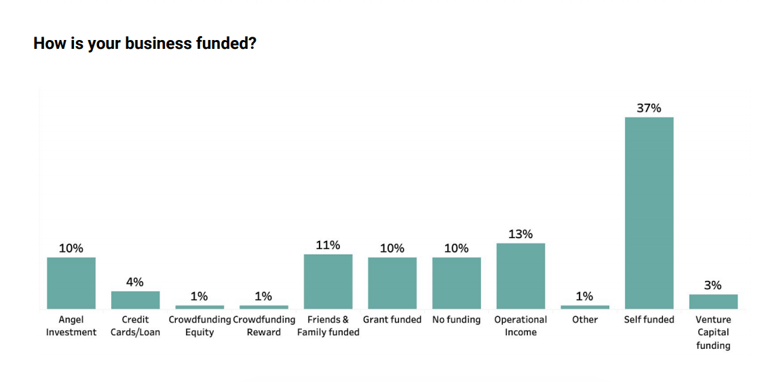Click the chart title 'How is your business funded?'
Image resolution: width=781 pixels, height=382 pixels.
[x=145, y=44]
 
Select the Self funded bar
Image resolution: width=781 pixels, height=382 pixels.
[x=649, y=213]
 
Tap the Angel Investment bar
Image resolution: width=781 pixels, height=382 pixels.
[x=71, y=283]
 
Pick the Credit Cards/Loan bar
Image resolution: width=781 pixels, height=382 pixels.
[x=136, y=300]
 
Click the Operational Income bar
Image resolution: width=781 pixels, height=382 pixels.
[x=520, y=276]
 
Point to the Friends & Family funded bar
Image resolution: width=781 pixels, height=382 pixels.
[x=328, y=282]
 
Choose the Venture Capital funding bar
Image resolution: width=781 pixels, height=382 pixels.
[x=713, y=302]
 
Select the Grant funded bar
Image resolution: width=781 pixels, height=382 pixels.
[x=392, y=283]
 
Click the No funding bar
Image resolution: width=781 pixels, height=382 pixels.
[x=457, y=283]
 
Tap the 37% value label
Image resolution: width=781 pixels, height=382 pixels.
[x=649, y=108]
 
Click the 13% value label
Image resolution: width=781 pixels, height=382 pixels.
[x=520, y=234]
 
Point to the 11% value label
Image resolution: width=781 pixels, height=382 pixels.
[x=328, y=245]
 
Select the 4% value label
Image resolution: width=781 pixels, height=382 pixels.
[x=135, y=282]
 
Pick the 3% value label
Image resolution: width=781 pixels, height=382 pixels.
[x=713, y=286]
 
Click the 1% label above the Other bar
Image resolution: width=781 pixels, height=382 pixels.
[x=585, y=297]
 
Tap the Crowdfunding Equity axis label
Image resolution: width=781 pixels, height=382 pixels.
[x=199, y=326]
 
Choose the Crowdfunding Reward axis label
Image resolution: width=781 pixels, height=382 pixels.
[x=264, y=326]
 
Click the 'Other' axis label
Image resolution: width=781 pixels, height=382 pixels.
[x=585, y=320]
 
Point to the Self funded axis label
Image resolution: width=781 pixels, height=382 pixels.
[x=649, y=320]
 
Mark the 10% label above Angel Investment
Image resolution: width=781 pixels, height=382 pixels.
[x=71, y=248]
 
